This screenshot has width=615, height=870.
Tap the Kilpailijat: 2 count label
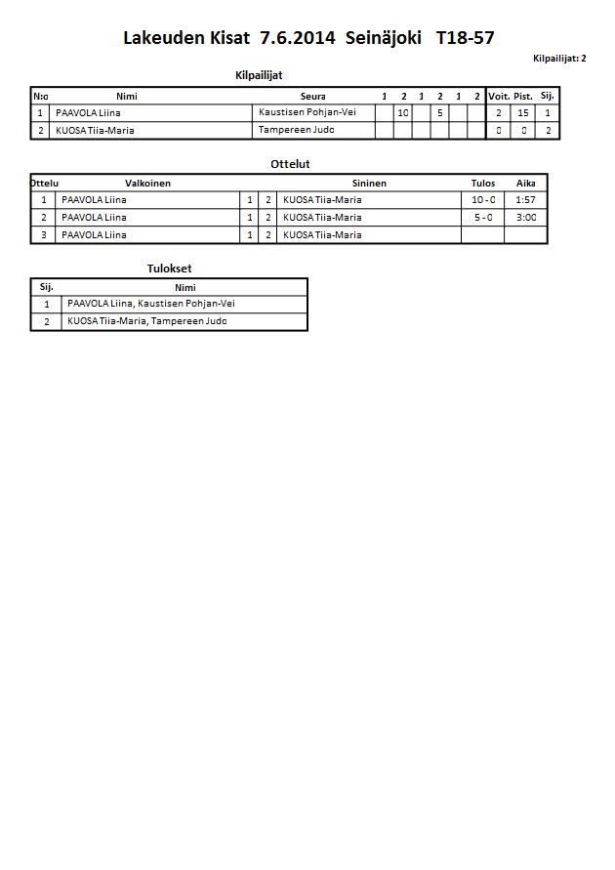click(559, 59)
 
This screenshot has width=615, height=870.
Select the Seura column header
click(313, 96)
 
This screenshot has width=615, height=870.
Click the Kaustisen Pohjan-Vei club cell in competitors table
click(307, 112)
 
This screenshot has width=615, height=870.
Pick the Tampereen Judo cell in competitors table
click(291, 130)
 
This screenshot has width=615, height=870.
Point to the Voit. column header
click(499, 96)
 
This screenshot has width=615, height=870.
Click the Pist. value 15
click(523, 113)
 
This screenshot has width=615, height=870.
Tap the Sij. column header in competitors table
click(548, 96)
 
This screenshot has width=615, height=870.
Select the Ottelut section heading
click(290, 164)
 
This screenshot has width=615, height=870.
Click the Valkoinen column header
click(148, 183)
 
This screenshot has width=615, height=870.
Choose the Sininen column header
click(370, 183)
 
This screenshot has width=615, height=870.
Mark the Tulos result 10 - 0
click(482, 199)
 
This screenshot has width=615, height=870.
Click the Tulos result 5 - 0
click(482, 217)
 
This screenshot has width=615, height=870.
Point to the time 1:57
click(526, 199)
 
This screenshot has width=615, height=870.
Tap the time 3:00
click(526, 217)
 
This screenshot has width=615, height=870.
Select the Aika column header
click(526, 183)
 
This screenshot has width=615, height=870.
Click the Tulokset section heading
click(169, 269)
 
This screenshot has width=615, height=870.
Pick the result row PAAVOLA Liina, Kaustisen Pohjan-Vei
click(151, 304)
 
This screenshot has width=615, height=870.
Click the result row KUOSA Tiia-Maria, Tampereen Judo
click(147, 321)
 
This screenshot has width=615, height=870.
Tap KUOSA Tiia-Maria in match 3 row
click(322, 234)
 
